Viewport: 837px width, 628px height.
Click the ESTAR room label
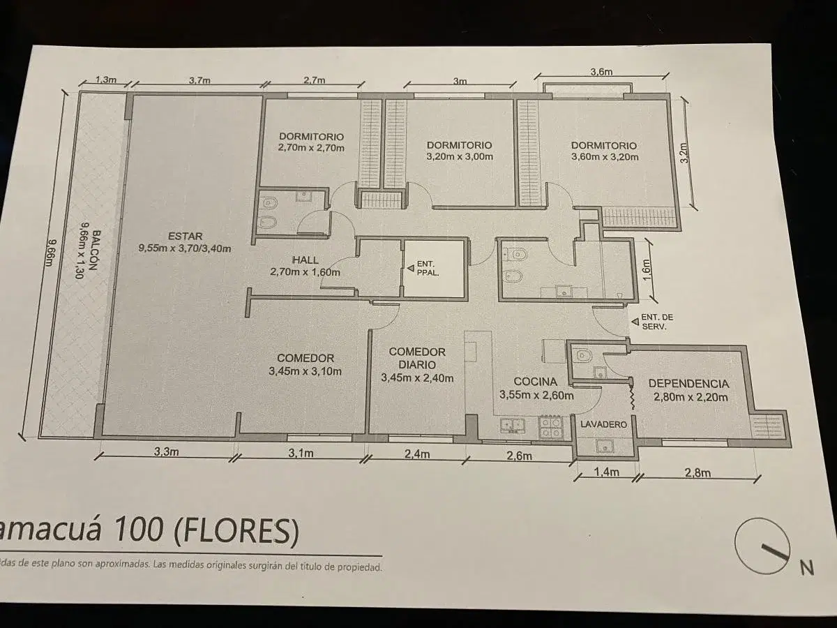tap(185, 236)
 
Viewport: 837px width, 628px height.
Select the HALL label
tap(305, 260)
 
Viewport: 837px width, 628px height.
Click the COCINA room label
tap(536, 382)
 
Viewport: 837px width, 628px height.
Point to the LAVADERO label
tap(603, 424)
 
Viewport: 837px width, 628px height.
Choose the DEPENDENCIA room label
tap(688, 384)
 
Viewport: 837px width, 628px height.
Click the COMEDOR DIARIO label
tap(417, 358)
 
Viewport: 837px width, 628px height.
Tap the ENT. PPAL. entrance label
tap(426, 269)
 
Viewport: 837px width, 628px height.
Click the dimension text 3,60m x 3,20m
tap(605, 157)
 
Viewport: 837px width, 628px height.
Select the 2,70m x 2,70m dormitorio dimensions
tap(311, 147)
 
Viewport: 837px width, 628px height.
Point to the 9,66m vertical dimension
tap(50, 253)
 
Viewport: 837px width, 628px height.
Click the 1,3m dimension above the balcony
tap(105, 80)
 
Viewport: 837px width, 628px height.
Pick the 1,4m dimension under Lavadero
tap(607, 472)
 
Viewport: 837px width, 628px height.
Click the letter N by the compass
tap(807, 568)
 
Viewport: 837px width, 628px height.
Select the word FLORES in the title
tap(236, 531)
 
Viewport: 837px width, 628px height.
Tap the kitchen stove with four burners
tap(550, 428)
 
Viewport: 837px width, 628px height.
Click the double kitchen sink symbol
tap(513, 426)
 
